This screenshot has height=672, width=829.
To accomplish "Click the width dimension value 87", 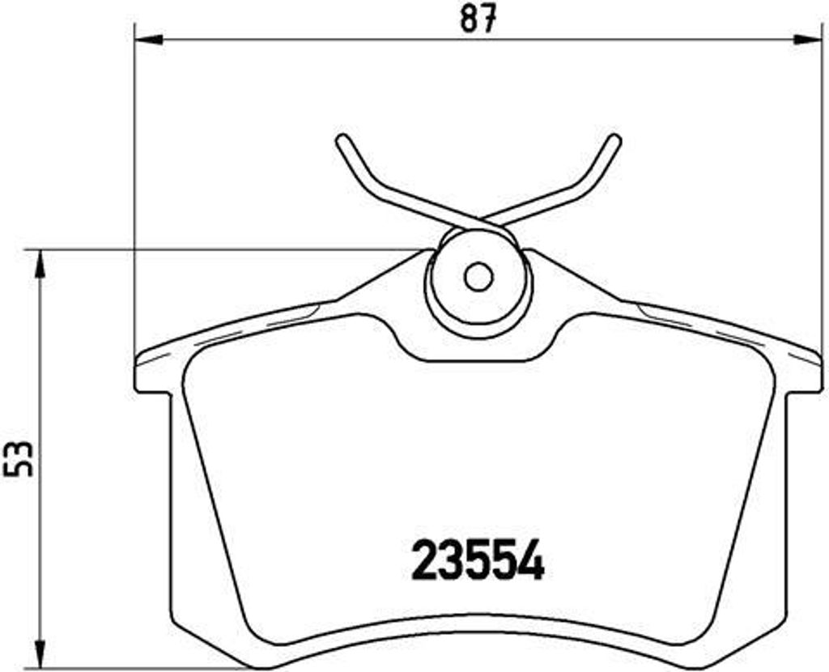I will [x=478, y=18].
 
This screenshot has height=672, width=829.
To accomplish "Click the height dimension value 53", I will [x=22, y=459].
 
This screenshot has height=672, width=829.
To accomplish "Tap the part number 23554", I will [x=478, y=561].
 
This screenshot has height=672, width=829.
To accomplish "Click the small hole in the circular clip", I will [x=478, y=278].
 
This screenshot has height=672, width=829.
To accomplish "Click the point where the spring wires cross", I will [x=483, y=220].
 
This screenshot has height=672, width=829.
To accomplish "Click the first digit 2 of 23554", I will [x=426, y=561].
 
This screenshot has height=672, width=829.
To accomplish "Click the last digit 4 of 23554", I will [x=530, y=561].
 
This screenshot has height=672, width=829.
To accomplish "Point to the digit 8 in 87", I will [x=468, y=18].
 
